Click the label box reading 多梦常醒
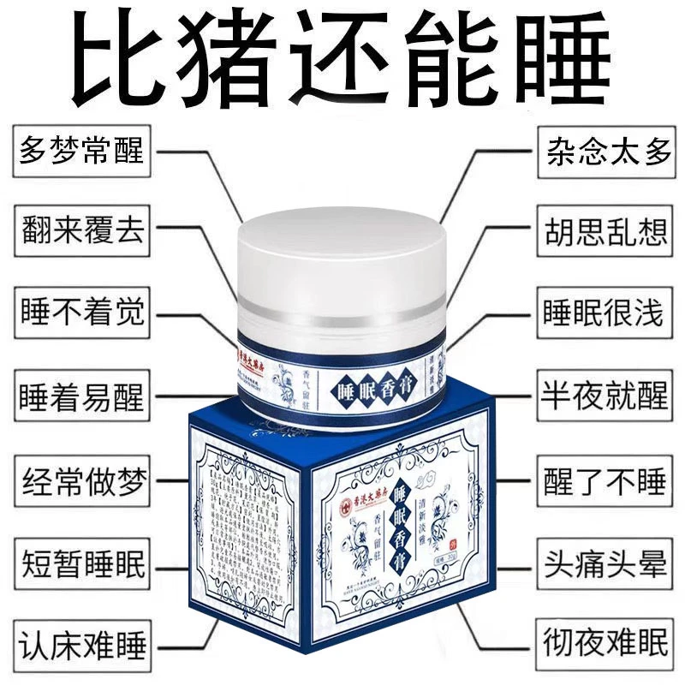point(81,154)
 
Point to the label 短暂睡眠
point(81,565)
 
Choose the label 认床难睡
point(81,644)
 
